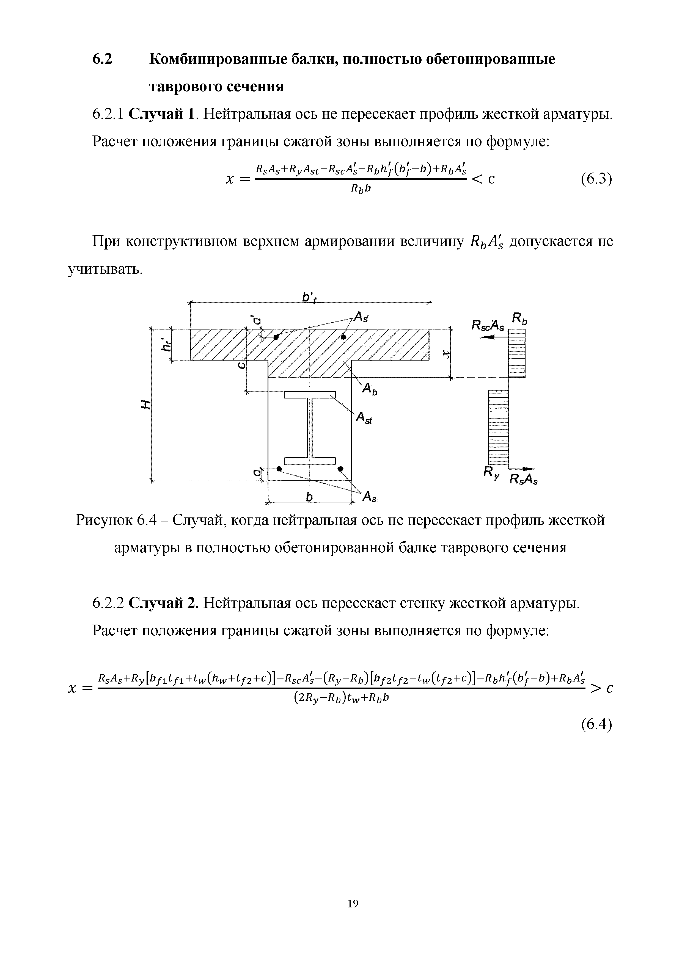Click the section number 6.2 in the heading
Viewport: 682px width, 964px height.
pos(102,59)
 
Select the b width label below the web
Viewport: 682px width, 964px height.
pos(309,497)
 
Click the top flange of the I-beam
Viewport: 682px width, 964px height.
pos(310,395)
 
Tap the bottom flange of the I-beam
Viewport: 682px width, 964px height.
pos(310,460)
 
